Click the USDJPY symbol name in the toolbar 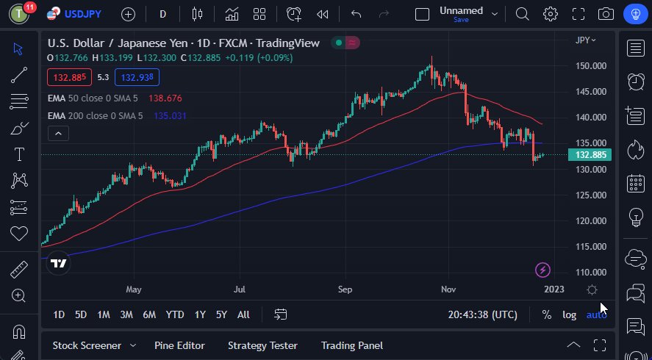82,14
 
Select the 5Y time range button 221,314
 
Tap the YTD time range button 174,314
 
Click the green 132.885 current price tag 591,155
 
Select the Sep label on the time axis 345,289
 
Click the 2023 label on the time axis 554,289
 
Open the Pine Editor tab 179,345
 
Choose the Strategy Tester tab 262,345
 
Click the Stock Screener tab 86,345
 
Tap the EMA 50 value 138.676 165,98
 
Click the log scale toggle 570,314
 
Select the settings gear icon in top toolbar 550,14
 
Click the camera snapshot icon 606,14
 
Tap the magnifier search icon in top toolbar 522,14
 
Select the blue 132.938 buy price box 137,77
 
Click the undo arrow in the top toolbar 357,14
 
